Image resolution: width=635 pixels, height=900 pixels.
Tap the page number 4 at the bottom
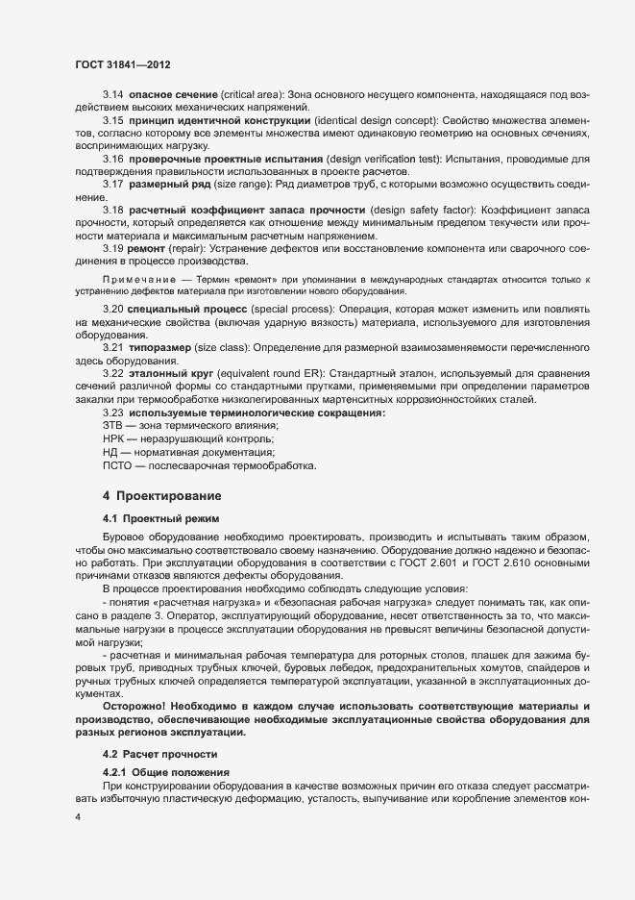(x=78, y=816)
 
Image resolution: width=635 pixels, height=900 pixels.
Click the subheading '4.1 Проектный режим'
(x=151, y=518)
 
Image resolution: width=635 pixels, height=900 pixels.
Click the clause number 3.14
(x=112, y=96)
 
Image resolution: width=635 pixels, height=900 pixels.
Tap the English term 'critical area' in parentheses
(x=251, y=96)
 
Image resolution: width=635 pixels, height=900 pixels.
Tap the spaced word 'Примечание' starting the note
(x=133, y=279)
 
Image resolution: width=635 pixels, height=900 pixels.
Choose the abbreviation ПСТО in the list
(x=119, y=465)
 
